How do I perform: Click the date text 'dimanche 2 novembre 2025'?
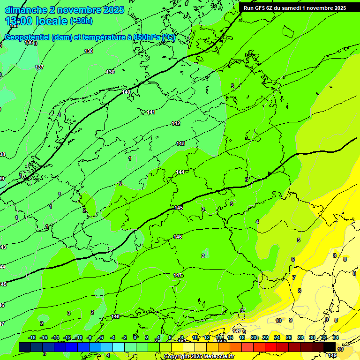click(64, 10)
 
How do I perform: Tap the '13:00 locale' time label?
click(37, 21)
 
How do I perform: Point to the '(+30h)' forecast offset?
click(81, 21)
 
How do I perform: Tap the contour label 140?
click(126, 92)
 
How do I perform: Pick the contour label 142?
click(175, 123)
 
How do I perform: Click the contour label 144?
click(180, 172)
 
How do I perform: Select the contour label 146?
click(178, 237)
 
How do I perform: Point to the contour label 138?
click(89, 51)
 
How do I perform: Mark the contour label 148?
click(116, 317)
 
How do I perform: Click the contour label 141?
click(151, 112)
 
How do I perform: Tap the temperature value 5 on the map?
click(299, 240)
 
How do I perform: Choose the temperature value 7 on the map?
click(294, 277)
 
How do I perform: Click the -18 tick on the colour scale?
click(32, 337)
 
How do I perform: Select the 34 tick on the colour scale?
click(336, 337)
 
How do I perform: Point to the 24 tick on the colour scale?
click(277, 337)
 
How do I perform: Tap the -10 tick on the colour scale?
click(78, 337)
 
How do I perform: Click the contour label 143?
click(180, 143)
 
